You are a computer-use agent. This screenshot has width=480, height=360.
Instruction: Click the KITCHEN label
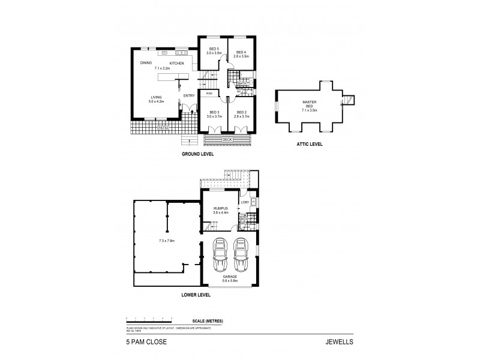176,63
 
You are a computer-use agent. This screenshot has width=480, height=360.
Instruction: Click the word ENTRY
188,95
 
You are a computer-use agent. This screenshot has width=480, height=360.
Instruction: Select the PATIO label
162,128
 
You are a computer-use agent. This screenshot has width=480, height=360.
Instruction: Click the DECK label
227,139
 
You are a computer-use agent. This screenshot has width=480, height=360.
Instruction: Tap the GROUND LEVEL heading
198,154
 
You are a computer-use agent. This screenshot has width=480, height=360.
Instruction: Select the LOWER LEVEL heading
199,295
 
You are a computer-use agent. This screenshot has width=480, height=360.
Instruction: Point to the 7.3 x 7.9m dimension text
166,241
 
